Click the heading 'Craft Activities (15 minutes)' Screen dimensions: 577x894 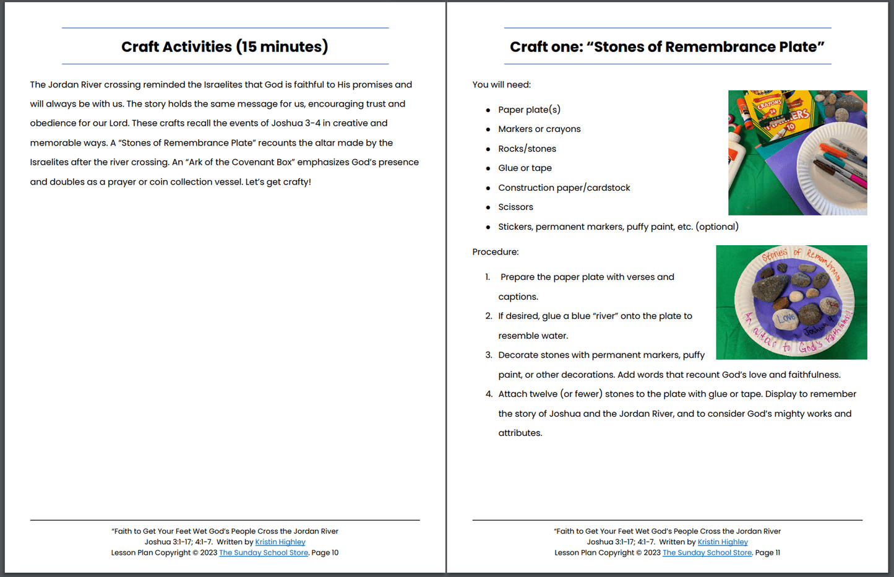[225, 46]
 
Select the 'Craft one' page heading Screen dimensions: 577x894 [667, 46]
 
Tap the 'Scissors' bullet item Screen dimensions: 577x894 [515, 207]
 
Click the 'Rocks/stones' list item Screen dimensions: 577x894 [527, 149]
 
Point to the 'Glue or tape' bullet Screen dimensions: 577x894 [525, 168]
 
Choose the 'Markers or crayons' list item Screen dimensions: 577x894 [539, 129]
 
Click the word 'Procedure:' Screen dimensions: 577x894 [495, 251]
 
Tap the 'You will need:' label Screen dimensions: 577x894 [501, 84]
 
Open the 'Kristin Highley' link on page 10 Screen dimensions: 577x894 [280, 542]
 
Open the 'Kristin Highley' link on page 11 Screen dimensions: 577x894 [723, 542]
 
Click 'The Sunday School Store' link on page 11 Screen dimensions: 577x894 [707, 552]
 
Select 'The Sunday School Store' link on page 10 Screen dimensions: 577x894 [264, 552]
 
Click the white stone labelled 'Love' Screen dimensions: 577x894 [785, 318]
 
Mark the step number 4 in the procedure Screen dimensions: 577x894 [489, 394]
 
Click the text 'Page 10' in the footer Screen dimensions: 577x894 [325, 552]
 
